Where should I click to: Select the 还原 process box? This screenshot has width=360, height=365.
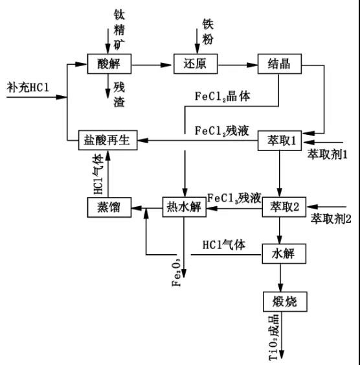point(196,64)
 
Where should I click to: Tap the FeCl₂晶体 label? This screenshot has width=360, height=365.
point(222,95)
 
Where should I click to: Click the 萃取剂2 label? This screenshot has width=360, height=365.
point(330,218)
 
